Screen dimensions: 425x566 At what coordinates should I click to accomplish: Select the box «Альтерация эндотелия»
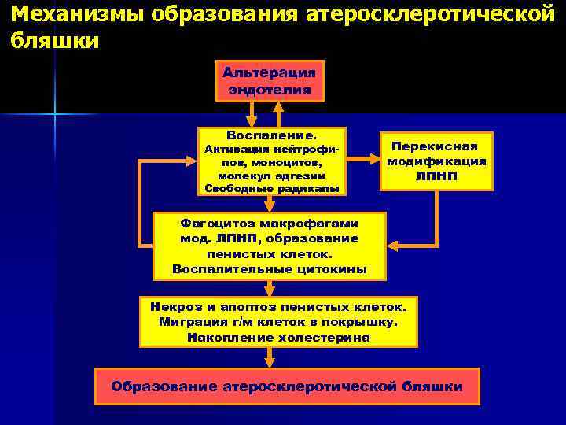[x=270, y=81]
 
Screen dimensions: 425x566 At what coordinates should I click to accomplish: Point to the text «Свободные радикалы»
[x=271, y=189]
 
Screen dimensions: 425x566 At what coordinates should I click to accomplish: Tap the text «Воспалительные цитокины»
[x=270, y=268]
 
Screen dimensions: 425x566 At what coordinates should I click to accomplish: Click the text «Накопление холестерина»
[x=278, y=338]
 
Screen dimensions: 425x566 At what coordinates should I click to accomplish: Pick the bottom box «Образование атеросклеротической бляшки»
[x=287, y=386]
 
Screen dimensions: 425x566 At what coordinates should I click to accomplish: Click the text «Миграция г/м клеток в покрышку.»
[x=278, y=322]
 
